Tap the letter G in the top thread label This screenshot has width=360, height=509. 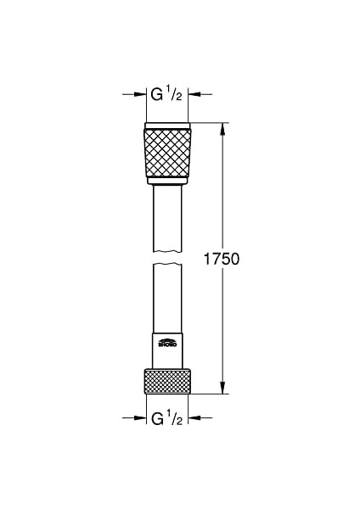tap(157, 95)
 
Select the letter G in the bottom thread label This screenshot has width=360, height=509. tap(157, 419)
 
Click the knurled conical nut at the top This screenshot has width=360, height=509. tap(167, 152)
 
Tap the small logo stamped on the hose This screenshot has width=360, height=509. tap(166, 343)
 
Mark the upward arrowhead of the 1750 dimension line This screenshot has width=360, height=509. tap(224, 130)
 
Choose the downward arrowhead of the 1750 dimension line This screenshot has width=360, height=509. tap(224, 389)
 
